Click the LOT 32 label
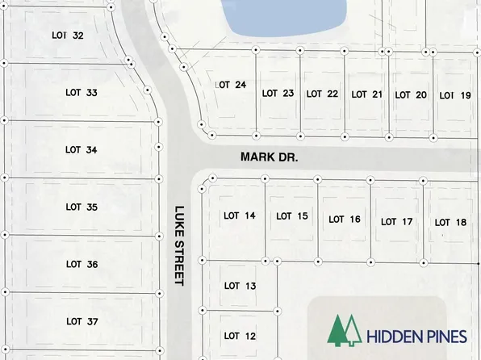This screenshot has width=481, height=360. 67,36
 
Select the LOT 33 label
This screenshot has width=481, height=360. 82,93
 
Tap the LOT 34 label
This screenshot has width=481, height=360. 82,149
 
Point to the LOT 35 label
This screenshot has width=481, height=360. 82,207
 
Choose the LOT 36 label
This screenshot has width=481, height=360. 82,264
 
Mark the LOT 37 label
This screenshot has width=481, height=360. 82,321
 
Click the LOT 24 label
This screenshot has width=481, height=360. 230,84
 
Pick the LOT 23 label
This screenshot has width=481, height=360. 278,94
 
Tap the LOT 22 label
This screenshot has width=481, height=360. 322,94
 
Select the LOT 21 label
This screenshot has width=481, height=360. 366,94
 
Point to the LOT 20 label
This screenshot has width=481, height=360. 410,94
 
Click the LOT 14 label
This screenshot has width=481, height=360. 240,216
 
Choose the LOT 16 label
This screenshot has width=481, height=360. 345,220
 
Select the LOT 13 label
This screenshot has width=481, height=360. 240,286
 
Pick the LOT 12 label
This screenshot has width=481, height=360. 240,336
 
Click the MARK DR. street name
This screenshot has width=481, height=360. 269,158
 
